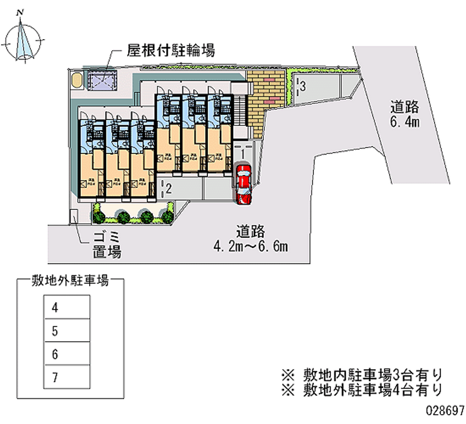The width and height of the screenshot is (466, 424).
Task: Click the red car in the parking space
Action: click(x=243, y=184)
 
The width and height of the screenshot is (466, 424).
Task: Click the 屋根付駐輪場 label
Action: click(x=171, y=51)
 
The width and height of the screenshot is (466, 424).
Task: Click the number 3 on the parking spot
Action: click(x=302, y=86)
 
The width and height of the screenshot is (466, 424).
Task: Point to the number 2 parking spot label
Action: click(x=167, y=188)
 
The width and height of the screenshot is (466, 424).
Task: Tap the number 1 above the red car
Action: click(x=241, y=152)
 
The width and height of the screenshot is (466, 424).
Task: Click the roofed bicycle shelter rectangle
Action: click(x=103, y=80)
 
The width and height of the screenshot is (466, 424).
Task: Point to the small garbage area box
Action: click(x=74, y=216)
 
